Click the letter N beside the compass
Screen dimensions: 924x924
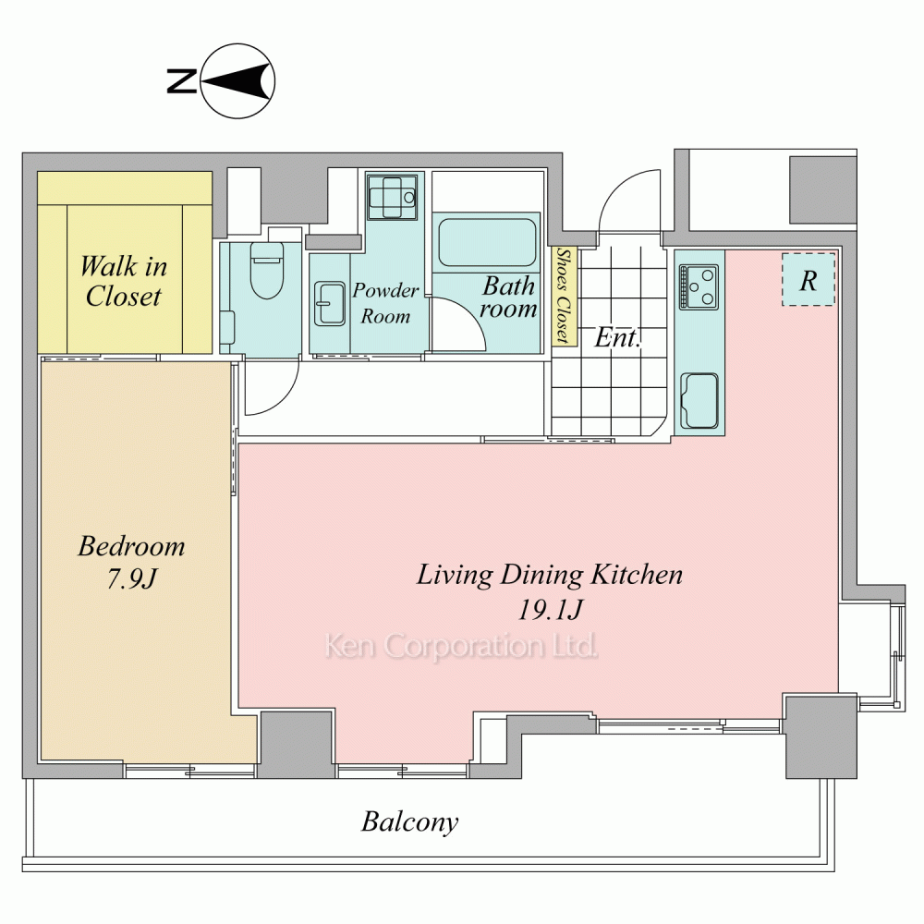(x=181, y=80)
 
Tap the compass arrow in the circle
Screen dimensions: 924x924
(x=237, y=80)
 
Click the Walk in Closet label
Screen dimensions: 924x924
(x=124, y=281)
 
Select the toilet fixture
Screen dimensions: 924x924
(x=267, y=271)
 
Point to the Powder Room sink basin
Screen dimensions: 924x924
(x=330, y=303)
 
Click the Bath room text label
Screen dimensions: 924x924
(x=508, y=298)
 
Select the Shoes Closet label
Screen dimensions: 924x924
(x=564, y=296)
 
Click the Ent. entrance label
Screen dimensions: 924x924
(x=617, y=337)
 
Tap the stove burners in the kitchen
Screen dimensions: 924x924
(x=699, y=287)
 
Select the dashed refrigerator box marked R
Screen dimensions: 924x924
(x=808, y=279)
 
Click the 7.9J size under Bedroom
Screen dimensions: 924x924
(x=132, y=578)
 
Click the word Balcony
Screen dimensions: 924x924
(x=410, y=822)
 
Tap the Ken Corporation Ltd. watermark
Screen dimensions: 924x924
(x=461, y=646)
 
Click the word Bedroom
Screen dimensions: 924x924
(x=131, y=546)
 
